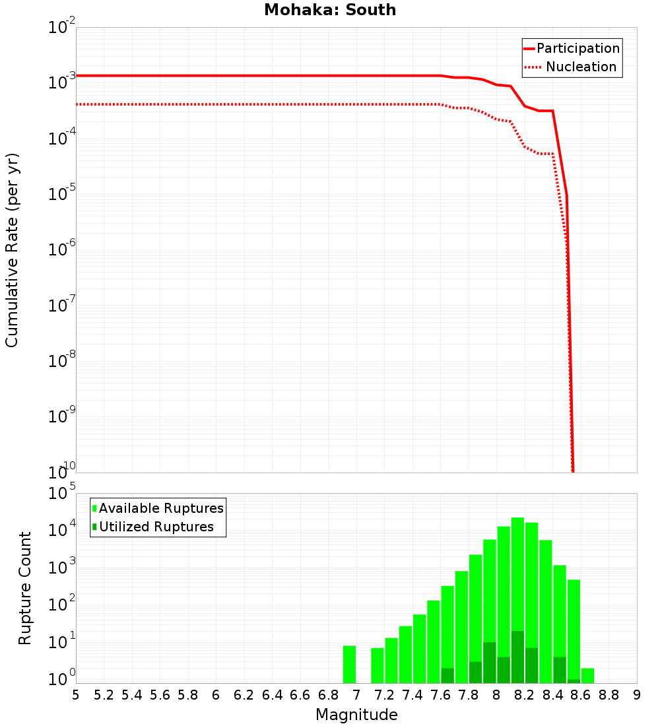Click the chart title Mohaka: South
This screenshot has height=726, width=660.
click(x=330, y=11)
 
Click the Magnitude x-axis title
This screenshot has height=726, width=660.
click(x=356, y=715)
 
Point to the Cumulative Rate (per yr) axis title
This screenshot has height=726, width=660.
click(x=12, y=250)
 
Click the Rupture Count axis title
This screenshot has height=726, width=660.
click(x=25, y=588)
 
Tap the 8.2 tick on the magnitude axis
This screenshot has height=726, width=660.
click(x=525, y=695)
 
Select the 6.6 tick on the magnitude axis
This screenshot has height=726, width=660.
click(x=300, y=695)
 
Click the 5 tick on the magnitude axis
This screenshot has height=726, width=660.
click(x=76, y=695)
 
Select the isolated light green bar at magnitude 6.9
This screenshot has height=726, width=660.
click(x=350, y=664)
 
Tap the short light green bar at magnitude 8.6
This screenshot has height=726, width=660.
click(x=587, y=675)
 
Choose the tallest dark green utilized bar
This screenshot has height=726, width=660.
click(x=517, y=657)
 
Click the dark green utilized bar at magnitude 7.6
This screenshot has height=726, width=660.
click(x=447, y=676)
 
